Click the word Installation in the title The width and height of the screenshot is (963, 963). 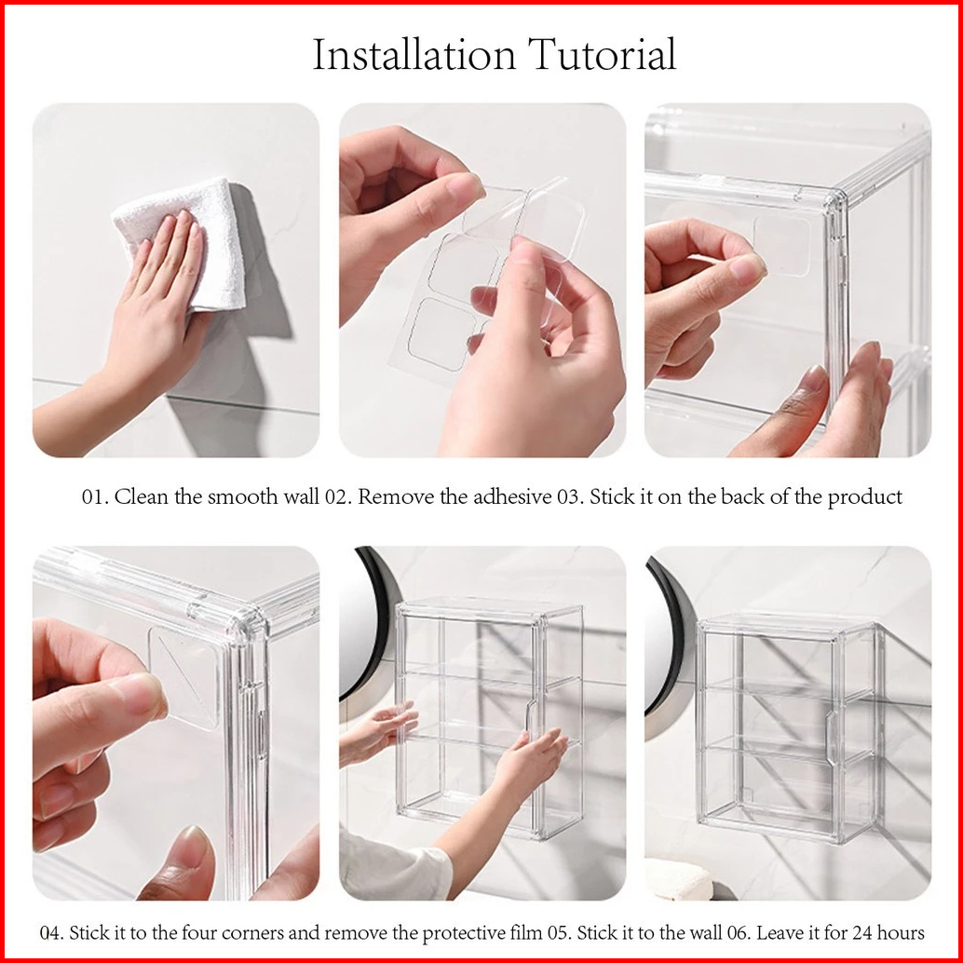414,55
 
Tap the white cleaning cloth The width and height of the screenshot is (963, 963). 183,243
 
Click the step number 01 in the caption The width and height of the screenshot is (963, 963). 95,496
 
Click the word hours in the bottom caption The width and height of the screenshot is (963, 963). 902,933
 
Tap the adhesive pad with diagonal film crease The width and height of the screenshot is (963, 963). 184,676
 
